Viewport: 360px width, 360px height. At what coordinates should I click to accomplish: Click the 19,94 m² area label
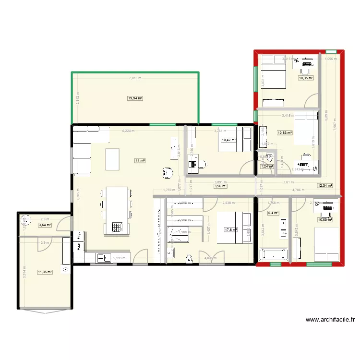[135, 98]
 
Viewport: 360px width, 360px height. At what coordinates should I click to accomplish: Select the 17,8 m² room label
[231, 229]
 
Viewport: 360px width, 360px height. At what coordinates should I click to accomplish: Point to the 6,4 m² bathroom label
[273, 213]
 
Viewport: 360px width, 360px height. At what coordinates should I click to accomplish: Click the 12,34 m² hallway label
[325, 185]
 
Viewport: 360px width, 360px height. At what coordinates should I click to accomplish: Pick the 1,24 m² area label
[266, 167]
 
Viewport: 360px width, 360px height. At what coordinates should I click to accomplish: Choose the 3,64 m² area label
[45, 225]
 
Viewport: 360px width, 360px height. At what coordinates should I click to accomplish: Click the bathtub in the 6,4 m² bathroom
[273, 254]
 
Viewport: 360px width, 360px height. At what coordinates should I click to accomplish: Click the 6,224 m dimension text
[128, 131]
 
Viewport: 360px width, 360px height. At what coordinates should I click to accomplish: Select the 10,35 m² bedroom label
[306, 78]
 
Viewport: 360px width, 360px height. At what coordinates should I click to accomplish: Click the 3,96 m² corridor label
[220, 186]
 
